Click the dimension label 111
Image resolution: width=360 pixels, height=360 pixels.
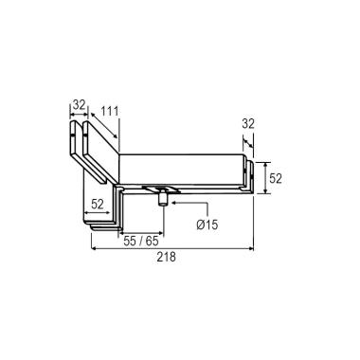[110, 111]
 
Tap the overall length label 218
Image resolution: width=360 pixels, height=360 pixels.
[167, 257]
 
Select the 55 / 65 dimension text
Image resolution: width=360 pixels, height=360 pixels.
[141, 242]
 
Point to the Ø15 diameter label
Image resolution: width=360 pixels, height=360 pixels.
[207, 225]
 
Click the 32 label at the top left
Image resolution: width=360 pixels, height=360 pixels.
[80, 104]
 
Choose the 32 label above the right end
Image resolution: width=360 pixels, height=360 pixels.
[248, 124]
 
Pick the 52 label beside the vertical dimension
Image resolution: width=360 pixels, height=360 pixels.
[276, 179]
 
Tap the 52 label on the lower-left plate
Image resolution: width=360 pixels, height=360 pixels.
[98, 205]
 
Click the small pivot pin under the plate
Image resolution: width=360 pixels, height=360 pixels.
[163, 198]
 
